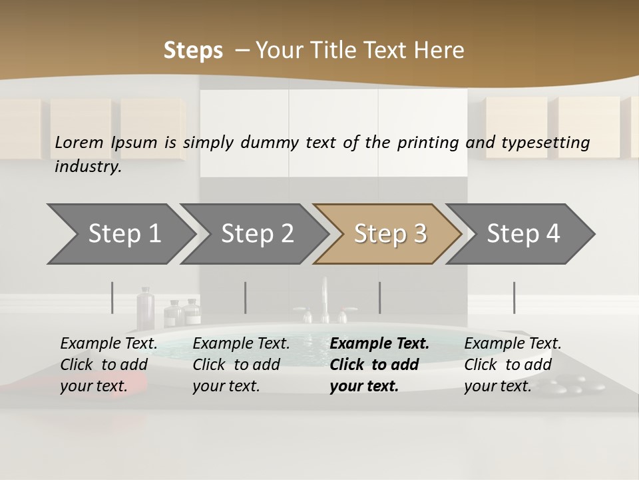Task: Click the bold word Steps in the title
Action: coord(193,51)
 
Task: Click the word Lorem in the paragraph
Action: coord(79,142)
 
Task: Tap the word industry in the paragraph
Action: coord(87,166)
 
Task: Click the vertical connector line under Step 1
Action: coord(112,297)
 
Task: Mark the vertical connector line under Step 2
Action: coord(246,297)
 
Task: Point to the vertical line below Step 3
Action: coord(380,297)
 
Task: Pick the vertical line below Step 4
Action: coord(515,297)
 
